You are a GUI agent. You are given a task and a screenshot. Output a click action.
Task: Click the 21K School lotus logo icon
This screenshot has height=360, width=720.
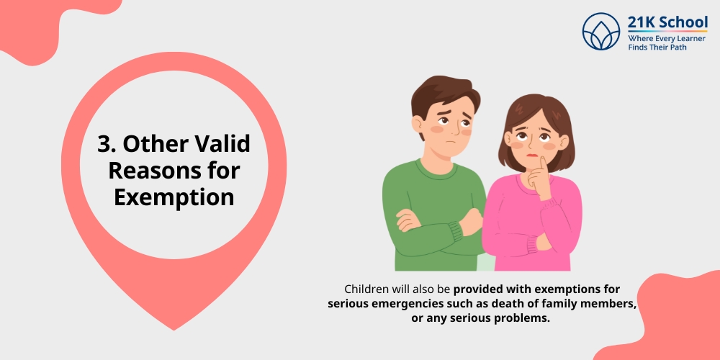point(601,32)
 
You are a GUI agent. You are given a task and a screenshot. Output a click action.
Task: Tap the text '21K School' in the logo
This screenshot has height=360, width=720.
point(667,22)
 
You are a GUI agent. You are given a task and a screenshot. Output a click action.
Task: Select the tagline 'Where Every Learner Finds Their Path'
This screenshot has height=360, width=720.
point(667,42)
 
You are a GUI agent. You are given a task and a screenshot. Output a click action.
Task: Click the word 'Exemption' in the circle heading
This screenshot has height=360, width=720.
point(174,197)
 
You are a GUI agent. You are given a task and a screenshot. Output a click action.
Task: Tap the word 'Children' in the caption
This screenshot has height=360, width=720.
point(369,289)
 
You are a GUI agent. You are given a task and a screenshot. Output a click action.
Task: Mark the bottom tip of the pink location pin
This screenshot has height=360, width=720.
point(174,328)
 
